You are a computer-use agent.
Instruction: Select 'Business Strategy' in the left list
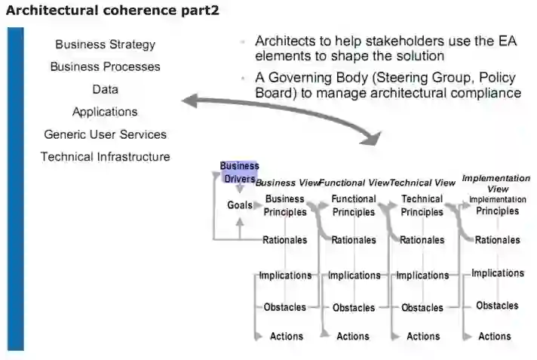105,45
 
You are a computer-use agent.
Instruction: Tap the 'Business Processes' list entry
105,66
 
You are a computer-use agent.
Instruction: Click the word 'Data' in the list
105,89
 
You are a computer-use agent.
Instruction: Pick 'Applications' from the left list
105,112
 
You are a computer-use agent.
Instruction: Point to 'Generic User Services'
105,134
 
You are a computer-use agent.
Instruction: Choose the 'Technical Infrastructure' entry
105,157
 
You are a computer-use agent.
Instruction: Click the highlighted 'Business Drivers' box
239,172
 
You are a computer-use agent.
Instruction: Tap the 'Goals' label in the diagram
240,205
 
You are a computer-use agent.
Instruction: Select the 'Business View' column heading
287,183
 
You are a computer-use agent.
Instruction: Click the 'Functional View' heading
353,183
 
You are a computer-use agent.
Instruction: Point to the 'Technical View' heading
422,183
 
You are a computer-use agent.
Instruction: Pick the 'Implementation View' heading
496,183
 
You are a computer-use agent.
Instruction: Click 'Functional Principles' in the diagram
354,206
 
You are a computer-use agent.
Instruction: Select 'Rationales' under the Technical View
422,241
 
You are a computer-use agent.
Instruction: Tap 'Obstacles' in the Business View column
284,307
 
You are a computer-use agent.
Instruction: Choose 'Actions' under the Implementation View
495,337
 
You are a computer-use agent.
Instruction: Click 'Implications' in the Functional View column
354,275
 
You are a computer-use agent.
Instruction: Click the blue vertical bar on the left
15,189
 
